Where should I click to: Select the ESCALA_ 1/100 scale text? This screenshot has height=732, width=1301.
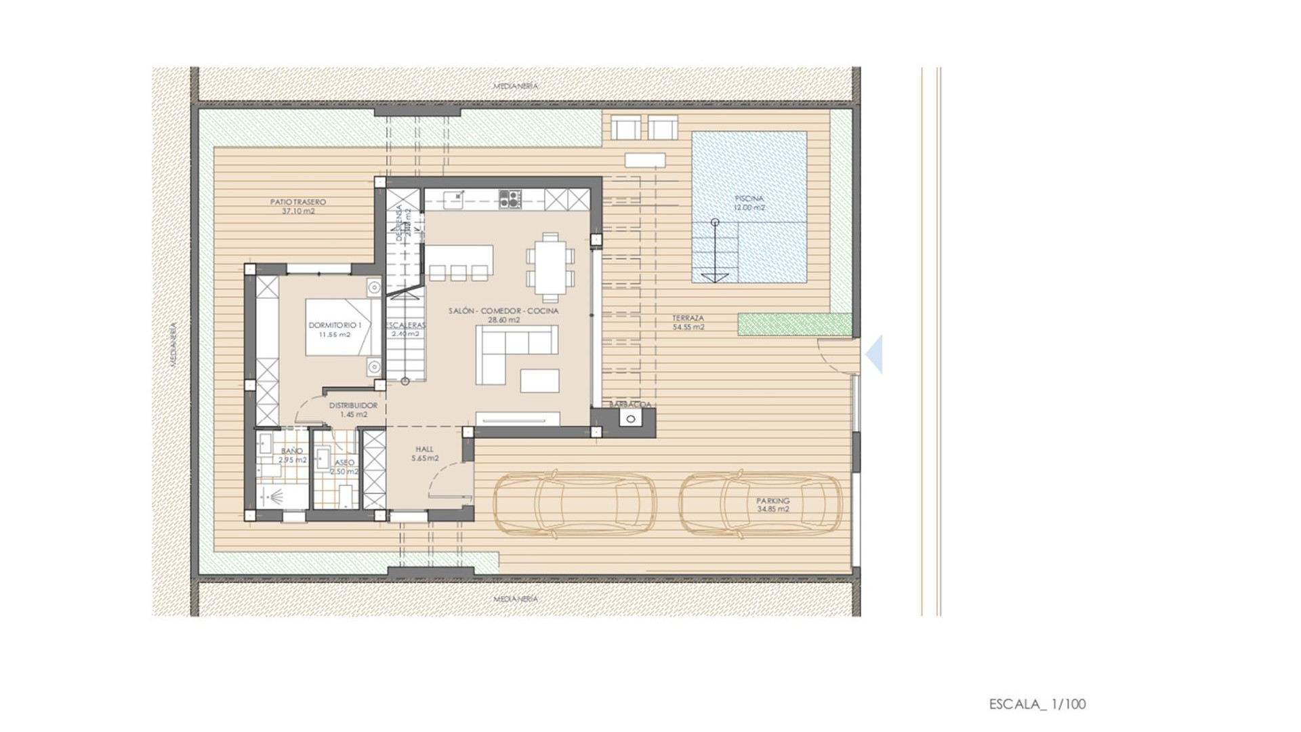[1037, 704]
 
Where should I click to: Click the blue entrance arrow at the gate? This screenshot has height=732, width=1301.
[875, 354]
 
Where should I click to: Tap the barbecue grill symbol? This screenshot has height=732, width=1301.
[631, 419]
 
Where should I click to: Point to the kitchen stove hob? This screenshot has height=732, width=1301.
[510, 199]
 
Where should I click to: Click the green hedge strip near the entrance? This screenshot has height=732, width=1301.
[794, 324]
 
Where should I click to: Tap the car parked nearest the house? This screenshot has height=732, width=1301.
[575, 505]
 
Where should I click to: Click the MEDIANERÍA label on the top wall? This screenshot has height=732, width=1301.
[516, 86]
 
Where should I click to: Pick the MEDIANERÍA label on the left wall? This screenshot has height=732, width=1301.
[173, 344]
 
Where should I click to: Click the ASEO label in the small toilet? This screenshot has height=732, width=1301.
[344, 463]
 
